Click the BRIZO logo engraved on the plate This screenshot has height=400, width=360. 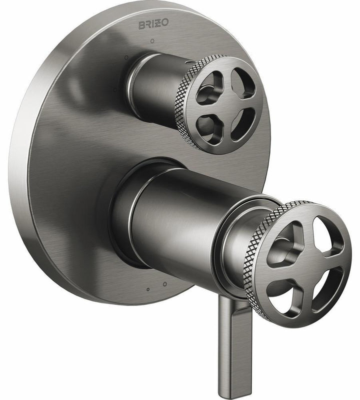153,23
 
